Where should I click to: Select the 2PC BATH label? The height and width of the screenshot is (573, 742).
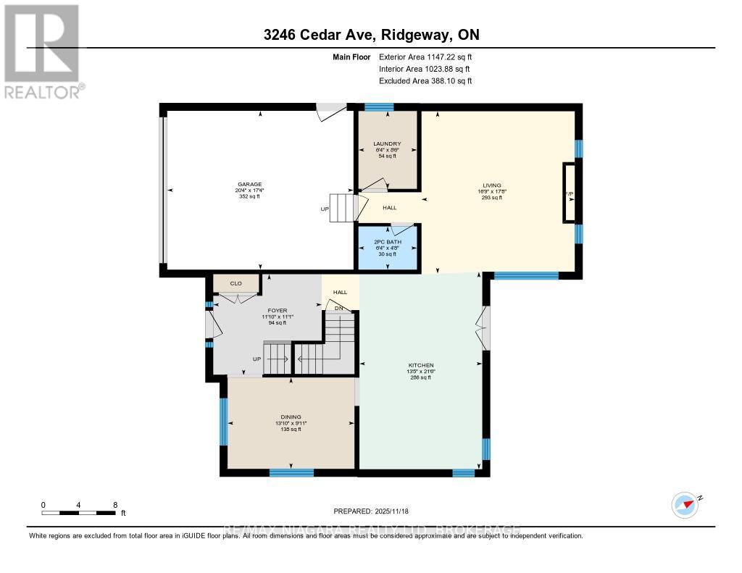pos(387,241)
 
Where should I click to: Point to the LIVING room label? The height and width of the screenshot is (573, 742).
pos(492,185)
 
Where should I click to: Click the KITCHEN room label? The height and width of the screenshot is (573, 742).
pos(420,365)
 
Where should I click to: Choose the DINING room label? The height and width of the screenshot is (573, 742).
pos(291,417)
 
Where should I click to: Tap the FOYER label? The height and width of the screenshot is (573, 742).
pos(279,310)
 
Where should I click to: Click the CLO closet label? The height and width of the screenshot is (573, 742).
pos(235,284)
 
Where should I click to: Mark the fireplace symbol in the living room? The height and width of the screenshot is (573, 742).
pos(570,193)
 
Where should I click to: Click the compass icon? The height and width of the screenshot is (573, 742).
pos(685,505)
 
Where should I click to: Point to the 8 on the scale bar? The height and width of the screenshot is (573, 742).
pos(114,504)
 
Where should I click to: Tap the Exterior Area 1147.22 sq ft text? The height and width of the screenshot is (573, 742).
pos(425,57)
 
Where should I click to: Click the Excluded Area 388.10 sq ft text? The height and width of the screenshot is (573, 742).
pos(425,81)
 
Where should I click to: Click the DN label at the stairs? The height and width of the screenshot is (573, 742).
pos(338,309)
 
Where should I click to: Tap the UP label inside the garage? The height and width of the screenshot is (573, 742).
pos(325,210)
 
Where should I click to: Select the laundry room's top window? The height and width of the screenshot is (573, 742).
pos(379,107)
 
